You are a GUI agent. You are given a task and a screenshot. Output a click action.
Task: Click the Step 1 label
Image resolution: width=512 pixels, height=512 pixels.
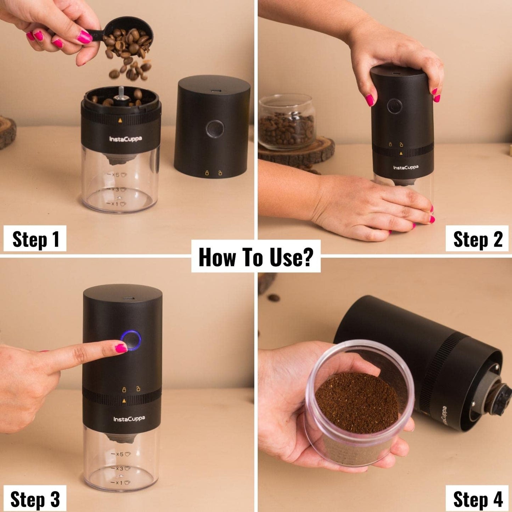(x=35, y=239)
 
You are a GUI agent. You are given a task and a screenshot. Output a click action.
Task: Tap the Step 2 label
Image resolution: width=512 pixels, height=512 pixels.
(x=477, y=239)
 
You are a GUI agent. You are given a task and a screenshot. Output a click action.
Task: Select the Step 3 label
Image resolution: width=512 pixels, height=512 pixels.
(x=35, y=499)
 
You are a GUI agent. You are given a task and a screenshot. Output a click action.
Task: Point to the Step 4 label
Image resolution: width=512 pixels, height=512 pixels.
(x=477, y=499)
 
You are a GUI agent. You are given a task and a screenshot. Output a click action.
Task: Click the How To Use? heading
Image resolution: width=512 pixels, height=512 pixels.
(x=256, y=257)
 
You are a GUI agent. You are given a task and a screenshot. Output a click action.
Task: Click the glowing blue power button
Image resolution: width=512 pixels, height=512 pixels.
(x=131, y=340)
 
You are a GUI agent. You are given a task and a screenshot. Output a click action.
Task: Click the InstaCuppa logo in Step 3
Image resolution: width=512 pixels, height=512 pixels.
(x=129, y=419)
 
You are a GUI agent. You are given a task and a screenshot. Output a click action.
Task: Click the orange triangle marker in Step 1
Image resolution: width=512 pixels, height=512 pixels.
(x=120, y=120)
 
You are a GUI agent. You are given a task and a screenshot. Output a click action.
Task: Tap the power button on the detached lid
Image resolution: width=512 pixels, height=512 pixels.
(x=215, y=128)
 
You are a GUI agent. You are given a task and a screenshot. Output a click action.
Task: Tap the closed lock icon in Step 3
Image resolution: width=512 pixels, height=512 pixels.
(x=124, y=389)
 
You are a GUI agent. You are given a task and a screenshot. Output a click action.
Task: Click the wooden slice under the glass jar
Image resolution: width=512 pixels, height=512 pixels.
(x=298, y=152)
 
